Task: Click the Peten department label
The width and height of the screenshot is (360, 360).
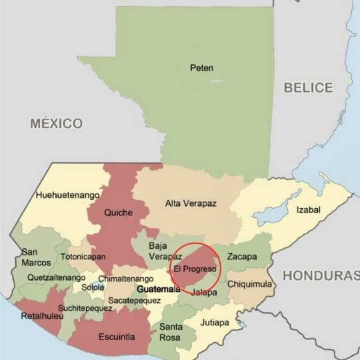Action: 201,67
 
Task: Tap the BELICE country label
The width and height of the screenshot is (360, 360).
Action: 308,87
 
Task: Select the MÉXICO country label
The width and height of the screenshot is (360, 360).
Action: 57,123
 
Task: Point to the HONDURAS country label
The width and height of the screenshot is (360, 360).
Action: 320,275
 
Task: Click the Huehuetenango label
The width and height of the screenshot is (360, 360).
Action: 67,195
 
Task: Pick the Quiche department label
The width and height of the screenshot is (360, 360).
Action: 119,213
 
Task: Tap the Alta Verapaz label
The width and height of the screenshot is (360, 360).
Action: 191,203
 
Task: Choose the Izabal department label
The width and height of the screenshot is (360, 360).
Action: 308,210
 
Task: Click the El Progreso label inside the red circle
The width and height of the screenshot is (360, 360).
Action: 195,269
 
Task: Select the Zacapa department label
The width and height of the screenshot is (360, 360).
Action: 241,256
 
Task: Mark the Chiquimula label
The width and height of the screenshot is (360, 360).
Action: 249,284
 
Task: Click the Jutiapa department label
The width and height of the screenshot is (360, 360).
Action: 215,323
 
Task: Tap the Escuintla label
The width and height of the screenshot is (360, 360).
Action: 117,337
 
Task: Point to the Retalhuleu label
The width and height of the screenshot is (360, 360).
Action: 42,316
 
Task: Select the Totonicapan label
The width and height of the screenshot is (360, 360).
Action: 83,257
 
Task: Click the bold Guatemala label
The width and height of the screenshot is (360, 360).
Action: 158,289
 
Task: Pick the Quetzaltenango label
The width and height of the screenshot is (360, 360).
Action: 56,277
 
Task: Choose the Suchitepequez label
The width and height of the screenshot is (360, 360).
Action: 85,308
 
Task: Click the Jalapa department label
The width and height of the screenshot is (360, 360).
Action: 204,293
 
